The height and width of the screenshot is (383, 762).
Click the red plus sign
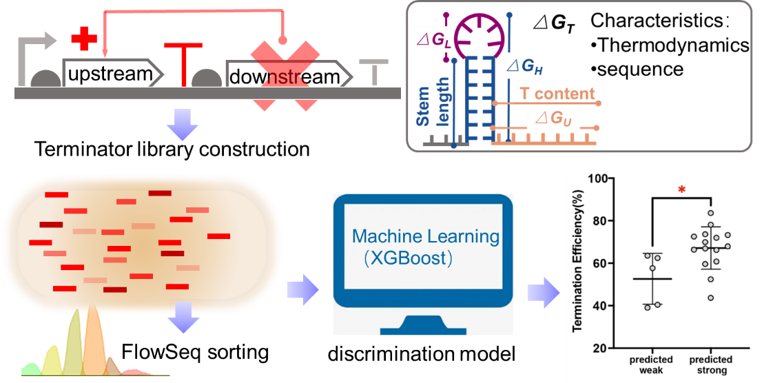pos(84,39)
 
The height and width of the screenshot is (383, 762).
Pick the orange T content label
pos(556,93)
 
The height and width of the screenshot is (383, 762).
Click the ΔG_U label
pos(557,118)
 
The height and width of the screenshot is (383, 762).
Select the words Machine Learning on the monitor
pos(425,236)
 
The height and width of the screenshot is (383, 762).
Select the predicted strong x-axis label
pos(710,364)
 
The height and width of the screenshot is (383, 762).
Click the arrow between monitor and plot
pos(542,291)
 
